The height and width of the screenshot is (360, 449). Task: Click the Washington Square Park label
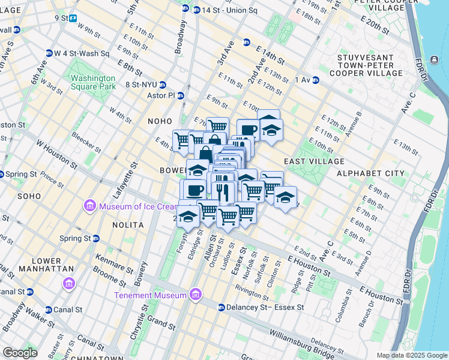coord(92,82)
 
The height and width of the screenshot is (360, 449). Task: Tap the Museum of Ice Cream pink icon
coord(91,207)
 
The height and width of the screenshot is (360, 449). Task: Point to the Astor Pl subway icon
coord(180,95)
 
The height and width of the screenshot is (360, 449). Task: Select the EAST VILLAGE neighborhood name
coord(314,161)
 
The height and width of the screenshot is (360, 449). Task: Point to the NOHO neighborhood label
coord(160,121)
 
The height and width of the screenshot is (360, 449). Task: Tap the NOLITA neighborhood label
coord(128,224)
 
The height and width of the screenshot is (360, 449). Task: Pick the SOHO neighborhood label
coord(29,196)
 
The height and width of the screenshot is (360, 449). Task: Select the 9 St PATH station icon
coord(73,19)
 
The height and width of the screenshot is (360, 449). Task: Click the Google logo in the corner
coord(20,353)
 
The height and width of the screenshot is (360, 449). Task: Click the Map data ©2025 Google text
coord(412,355)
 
